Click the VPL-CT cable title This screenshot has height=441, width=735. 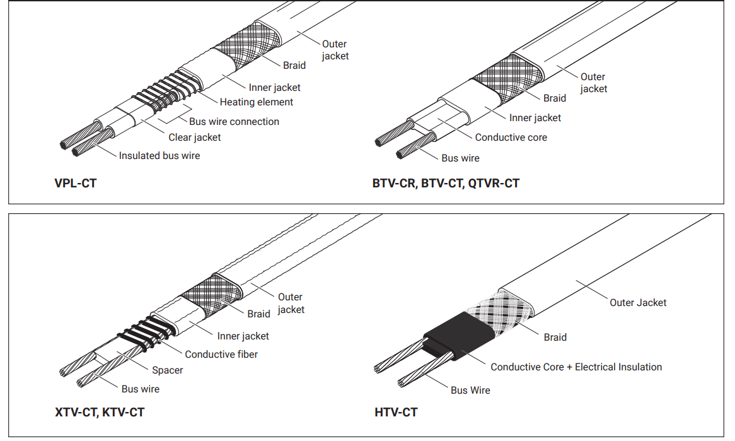tap(76, 184)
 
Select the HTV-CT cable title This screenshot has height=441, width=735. tap(396, 413)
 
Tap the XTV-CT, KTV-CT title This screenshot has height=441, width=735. tap(100, 413)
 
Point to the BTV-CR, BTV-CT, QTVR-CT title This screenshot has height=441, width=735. tap(446, 184)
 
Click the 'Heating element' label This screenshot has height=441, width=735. tap(257, 102)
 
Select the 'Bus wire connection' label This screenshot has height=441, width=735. tap(234, 121)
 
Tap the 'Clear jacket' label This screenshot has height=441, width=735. tap(195, 137)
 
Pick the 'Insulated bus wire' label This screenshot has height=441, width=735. tap(159, 155)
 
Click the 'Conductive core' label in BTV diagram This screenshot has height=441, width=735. tap(511, 137)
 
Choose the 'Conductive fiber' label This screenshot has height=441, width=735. tap(221, 354)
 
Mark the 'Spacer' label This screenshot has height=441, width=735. tap(168, 370)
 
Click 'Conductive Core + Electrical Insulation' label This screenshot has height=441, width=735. tap(576, 367)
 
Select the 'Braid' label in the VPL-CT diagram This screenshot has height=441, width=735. tap(294, 65)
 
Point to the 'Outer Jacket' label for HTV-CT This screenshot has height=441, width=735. tap(638, 302)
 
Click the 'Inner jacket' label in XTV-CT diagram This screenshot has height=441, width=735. tap(243, 336)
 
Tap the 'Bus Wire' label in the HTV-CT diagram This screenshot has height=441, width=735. tap(470, 390)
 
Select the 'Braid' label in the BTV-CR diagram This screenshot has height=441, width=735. tap(555, 98)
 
